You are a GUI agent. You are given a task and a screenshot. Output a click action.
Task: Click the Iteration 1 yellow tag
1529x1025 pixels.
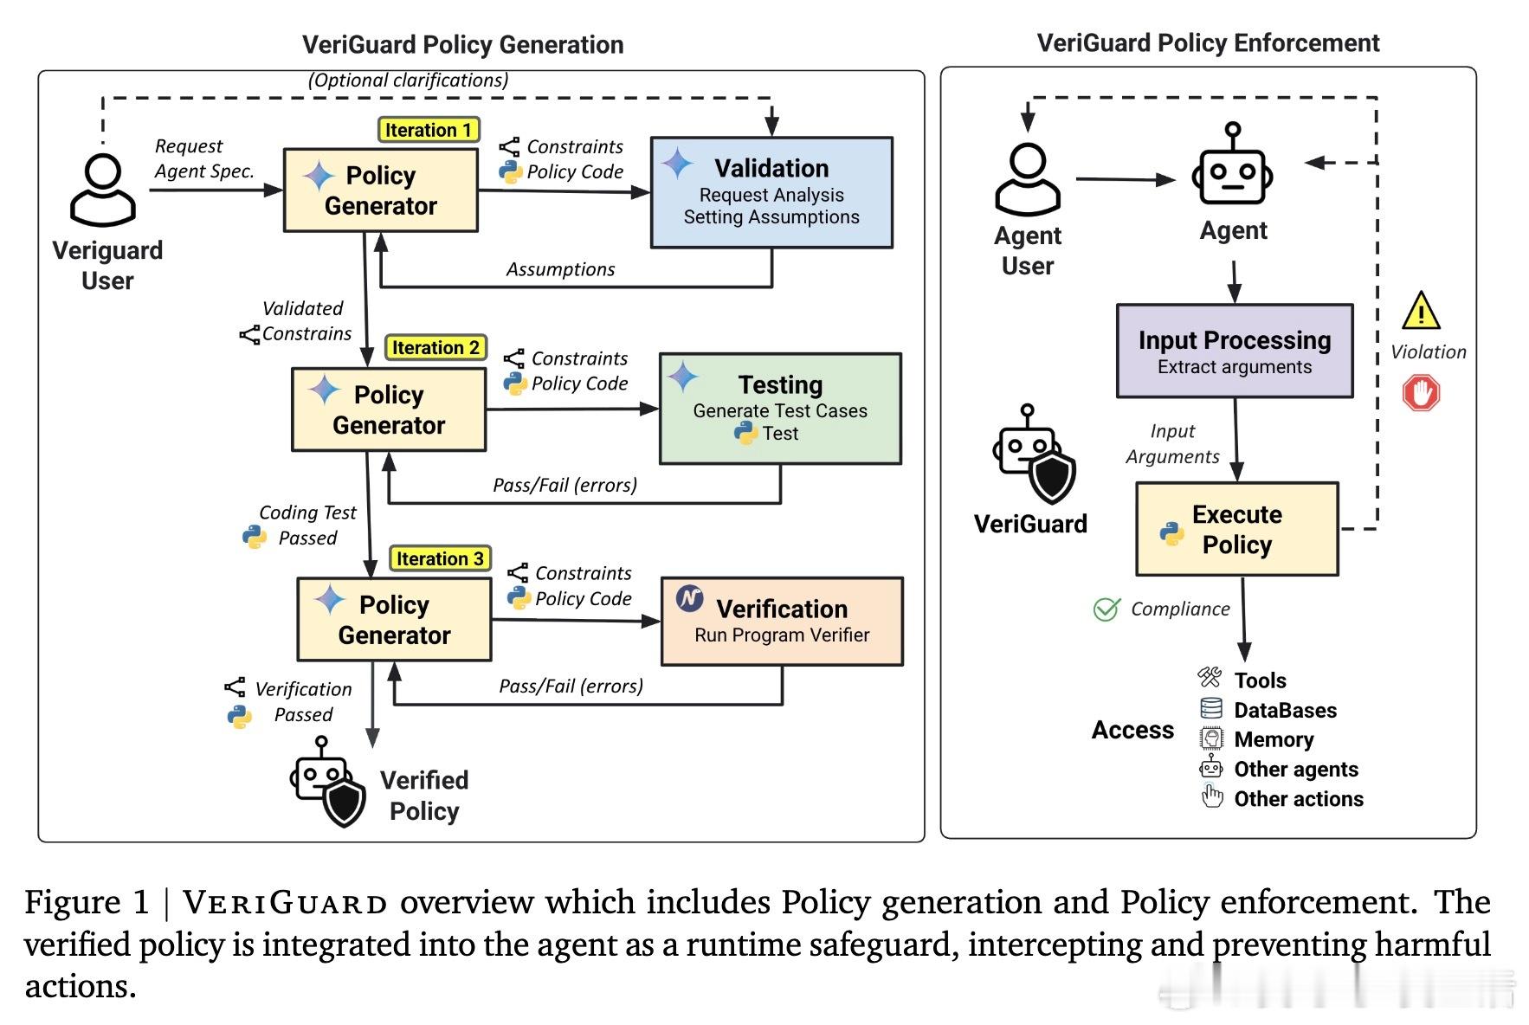click(429, 130)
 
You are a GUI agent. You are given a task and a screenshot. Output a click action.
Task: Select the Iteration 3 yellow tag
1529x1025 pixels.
click(440, 558)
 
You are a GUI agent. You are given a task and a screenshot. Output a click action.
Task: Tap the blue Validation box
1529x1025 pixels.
click(771, 192)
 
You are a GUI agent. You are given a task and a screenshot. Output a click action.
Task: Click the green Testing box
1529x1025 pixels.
click(780, 408)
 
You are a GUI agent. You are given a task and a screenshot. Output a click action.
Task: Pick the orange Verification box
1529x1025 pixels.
click(782, 621)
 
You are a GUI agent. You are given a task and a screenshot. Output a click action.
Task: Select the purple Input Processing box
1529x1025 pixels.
click(1234, 351)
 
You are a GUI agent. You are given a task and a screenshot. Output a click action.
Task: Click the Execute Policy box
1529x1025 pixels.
click(1236, 529)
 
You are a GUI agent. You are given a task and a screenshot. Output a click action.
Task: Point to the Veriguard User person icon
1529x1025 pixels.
click(103, 190)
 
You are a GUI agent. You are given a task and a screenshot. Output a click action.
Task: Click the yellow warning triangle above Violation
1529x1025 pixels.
click(1421, 312)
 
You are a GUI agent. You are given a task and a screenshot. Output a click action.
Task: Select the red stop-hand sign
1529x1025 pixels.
click(1421, 393)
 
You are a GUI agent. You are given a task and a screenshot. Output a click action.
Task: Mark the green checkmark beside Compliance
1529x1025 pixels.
click(1106, 609)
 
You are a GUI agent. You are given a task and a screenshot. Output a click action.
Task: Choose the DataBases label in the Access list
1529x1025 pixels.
click(1285, 711)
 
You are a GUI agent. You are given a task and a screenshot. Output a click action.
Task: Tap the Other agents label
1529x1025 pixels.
click(1295, 770)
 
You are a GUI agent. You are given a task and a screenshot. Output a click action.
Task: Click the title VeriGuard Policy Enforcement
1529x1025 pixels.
click(1208, 43)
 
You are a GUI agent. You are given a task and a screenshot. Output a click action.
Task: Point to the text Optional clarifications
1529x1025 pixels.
click(408, 81)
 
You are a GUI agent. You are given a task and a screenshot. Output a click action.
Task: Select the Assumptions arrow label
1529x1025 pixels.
click(560, 269)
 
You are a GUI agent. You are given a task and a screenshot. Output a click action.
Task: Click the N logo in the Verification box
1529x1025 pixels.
click(689, 598)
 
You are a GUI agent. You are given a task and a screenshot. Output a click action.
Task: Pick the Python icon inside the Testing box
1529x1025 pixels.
click(745, 433)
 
